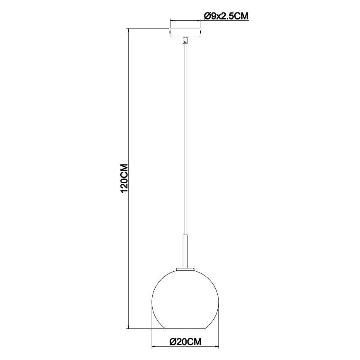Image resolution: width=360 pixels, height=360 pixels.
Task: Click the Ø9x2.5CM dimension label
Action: tap(226, 16)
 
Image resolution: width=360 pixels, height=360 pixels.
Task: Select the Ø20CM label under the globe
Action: tap(185, 342)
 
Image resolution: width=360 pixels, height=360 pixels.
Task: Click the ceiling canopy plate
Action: tap(185, 32)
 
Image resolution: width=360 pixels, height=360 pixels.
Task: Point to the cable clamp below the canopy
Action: tap(185, 41)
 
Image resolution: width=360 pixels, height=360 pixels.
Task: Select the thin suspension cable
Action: tap(185, 137)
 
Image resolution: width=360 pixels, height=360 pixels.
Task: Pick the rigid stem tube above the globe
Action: tap(185, 251)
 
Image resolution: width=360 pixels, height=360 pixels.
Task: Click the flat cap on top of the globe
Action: tap(185, 269)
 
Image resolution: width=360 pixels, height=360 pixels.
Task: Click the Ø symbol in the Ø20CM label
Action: tap(174, 342)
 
